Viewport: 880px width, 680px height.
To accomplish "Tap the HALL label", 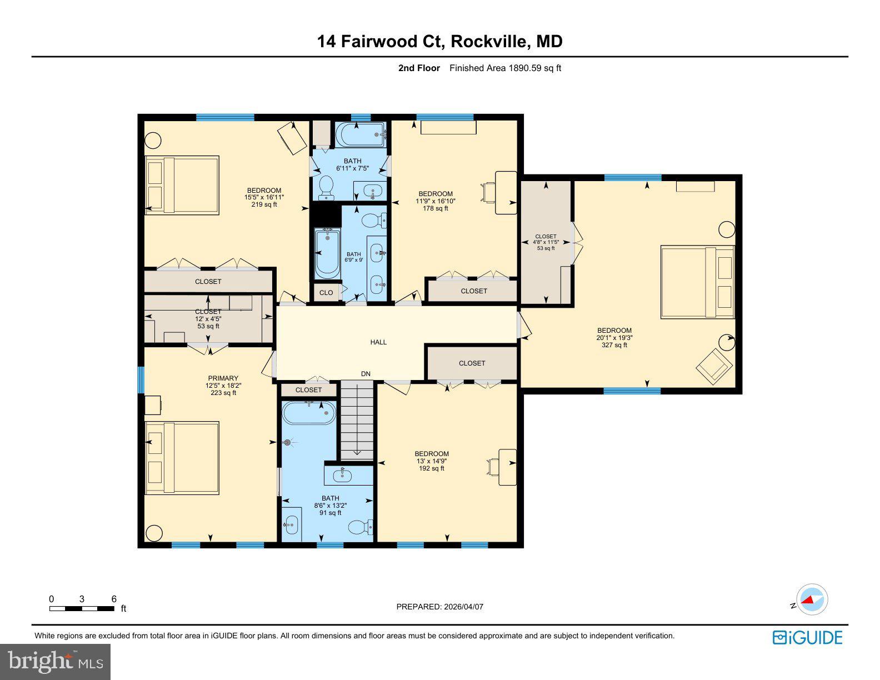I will (x=378, y=342).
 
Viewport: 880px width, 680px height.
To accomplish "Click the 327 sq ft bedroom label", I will (x=614, y=338).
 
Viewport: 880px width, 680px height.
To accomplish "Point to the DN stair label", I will (x=366, y=374).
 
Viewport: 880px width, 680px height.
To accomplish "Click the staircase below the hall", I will (x=357, y=420).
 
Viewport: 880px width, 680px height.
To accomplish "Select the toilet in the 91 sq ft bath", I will (x=359, y=526).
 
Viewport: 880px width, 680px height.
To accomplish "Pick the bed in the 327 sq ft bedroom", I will (x=697, y=282).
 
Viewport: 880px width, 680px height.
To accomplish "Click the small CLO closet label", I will (x=326, y=293).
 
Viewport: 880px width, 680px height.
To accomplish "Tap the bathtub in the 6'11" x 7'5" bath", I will (x=361, y=134).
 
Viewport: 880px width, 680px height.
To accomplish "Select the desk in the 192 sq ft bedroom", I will (x=507, y=467).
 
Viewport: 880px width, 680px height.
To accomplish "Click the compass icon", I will (x=812, y=600).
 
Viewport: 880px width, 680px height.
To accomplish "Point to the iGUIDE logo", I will (x=807, y=637).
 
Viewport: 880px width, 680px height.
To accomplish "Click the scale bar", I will (x=82, y=608).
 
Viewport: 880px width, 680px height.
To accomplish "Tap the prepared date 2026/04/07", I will (x=439, y=607).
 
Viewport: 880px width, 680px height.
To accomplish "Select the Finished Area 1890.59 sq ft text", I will (x=505, y=68).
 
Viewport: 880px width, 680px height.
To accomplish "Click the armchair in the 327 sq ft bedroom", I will (x=714, y=364).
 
